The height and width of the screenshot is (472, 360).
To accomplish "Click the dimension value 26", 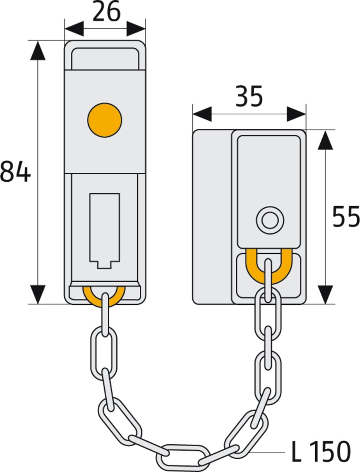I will point(106,13).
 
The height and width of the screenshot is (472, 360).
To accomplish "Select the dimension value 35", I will point(249,98).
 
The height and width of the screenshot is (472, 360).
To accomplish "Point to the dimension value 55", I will point(346,217).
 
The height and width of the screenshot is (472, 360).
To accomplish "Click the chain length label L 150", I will point(321,452).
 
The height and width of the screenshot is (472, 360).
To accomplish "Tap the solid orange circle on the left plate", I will point(104,120).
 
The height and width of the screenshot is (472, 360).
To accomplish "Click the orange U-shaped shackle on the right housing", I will point(268,267).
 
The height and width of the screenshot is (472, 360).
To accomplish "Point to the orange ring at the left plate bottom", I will point(104,296).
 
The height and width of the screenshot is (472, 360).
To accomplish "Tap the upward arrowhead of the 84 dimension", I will point(37,50).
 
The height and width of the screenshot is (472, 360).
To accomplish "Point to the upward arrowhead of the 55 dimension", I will point(325,140).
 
